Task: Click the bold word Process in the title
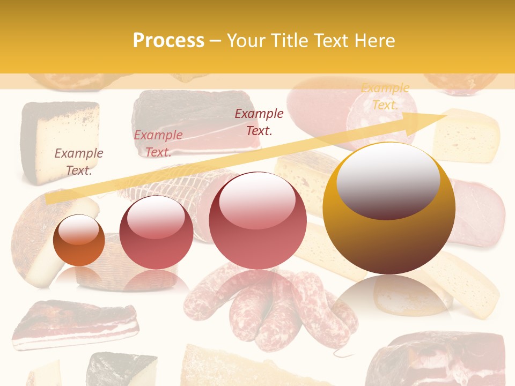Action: [168, 40]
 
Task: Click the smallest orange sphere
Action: [79, 241]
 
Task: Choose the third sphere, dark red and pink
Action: [257, 220]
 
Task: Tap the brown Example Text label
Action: [79, 161]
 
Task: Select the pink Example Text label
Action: [158, 143]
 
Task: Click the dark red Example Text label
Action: [259, 122]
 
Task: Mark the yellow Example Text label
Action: [385, 96]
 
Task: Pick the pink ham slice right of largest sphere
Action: [480, 212]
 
